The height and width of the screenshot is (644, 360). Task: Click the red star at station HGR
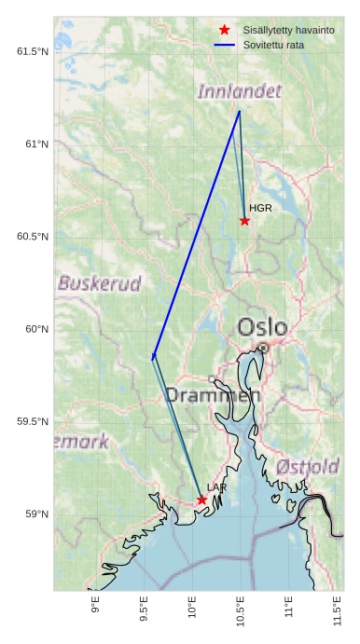(244, 221)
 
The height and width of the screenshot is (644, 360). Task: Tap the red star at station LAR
(201, 500)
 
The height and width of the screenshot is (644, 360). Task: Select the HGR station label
(260, 208)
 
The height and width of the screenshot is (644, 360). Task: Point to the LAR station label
(216, 487)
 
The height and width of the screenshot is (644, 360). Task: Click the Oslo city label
(262, 327)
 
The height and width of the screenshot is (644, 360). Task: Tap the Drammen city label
(213, 395)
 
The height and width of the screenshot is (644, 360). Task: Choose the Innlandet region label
(239, 91)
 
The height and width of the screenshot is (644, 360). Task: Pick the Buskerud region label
(100, 283)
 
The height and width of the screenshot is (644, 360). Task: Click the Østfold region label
(308, 466)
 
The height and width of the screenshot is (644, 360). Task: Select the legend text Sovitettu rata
(273, 45)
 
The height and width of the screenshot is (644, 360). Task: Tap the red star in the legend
(224, 31)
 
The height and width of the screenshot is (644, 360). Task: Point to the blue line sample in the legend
(224, 45)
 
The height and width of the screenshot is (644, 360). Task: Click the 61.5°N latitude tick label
(32, 51)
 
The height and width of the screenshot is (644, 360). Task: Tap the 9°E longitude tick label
(96, 606)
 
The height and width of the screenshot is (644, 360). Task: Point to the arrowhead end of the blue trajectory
(153, 358)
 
